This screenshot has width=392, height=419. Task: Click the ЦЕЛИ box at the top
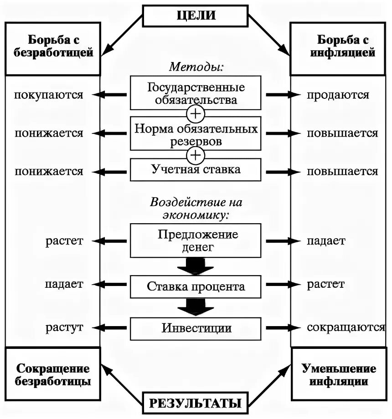[196, 15]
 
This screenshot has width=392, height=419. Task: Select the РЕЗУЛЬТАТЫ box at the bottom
[196, 403]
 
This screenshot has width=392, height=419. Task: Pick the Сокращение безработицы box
[53, 375]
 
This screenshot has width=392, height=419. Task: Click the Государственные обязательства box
[196, 93]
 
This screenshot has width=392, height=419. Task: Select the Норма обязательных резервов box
[196, 134]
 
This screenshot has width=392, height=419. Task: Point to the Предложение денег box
[196, 240]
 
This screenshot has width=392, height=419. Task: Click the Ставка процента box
[196, 286]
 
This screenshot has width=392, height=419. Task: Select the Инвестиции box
[196, 328]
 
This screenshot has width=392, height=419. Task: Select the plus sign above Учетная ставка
[196, 155]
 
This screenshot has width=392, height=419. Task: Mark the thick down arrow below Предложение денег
[196, 266]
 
